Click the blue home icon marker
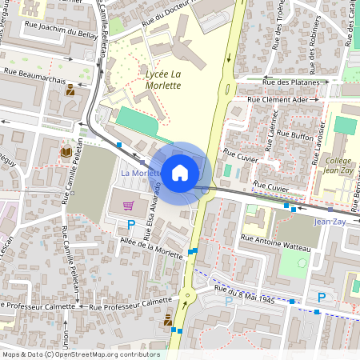click(x=180, y=172)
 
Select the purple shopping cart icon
click(x=128, y=206)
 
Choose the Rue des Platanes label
click(x=295, y=82)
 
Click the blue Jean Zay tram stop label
click(x=330, y=221)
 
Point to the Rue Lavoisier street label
click(x=318, y=130)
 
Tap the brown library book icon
click(x=66, y=151)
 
